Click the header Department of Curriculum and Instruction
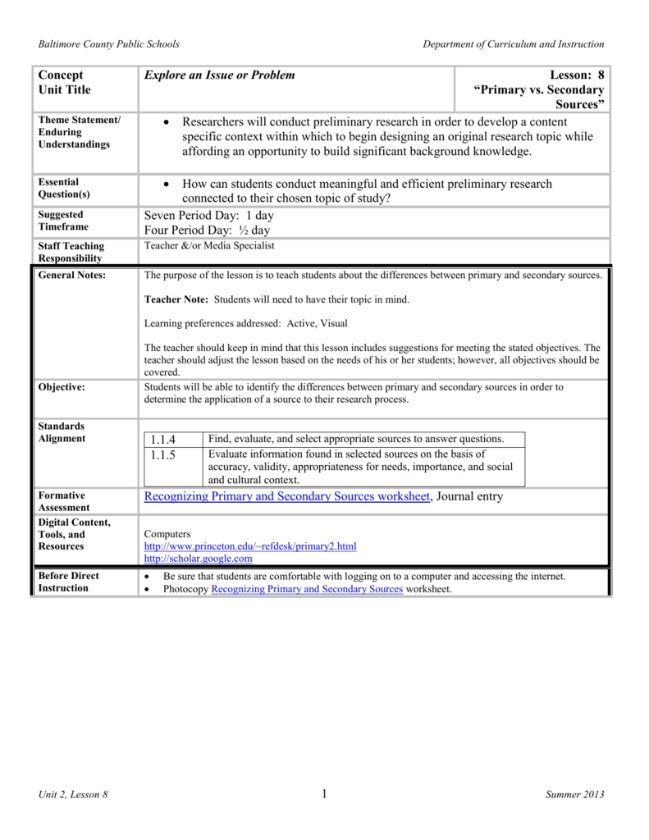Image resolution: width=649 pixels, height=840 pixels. [x=513, y=43]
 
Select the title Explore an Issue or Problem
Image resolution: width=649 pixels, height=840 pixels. [x=219, y=75]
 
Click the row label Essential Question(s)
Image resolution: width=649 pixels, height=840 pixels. [x=64, y=189]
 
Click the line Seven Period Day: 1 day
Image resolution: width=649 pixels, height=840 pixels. [x=208, y=215]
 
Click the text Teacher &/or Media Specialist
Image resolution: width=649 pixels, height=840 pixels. [x=209, y=245]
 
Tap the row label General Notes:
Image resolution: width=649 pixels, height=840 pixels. [x=72, y=276]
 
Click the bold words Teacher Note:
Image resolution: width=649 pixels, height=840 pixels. [x=175, y=300]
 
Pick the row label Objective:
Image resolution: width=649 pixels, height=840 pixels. [x=62, y=386]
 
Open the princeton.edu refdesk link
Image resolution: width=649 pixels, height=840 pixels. [x=250, y=546]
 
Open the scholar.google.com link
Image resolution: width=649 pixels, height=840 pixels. [x=198, y=558]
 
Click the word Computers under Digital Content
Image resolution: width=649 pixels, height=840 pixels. [x=167, y=533]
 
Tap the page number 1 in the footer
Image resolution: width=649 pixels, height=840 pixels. [x=325, y=793]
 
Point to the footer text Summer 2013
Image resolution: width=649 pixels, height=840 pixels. [x=574, y=795]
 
